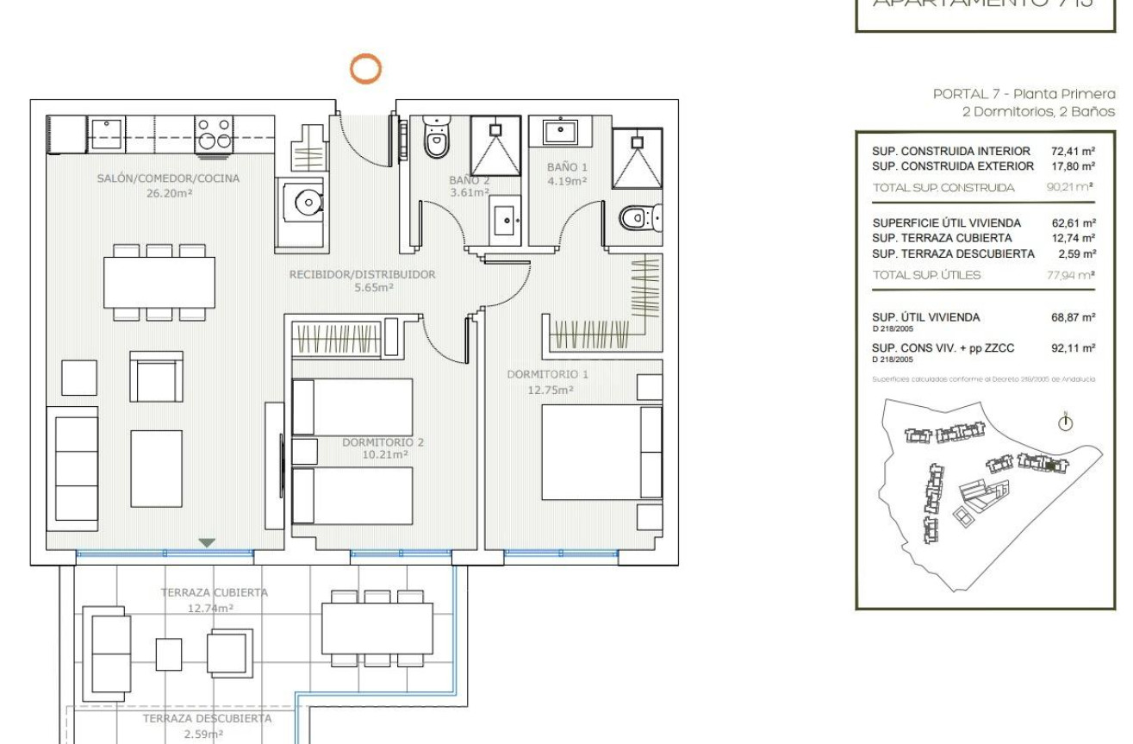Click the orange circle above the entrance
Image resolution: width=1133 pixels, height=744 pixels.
tap(366, 68)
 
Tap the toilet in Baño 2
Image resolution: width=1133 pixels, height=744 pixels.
tap(436, 140)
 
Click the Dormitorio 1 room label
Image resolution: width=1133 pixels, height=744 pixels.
tap(548, 375)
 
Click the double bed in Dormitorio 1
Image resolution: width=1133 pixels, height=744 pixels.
tap(601, 452)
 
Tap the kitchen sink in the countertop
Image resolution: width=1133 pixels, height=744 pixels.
tap(109, 133)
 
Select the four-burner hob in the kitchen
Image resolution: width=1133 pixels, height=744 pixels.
tap(214, 134)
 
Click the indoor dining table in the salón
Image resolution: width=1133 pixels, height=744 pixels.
tap(159, 282)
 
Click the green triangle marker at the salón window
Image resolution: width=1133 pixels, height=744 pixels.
tap(207, 542)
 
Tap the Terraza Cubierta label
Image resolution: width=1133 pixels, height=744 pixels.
tap(214, 592)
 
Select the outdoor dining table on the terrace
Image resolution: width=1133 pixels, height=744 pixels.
tap(377, 628)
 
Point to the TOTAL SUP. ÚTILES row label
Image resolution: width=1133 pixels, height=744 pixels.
tap(926, 275)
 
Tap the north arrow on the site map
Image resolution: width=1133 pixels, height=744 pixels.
tap(1066, 422)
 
